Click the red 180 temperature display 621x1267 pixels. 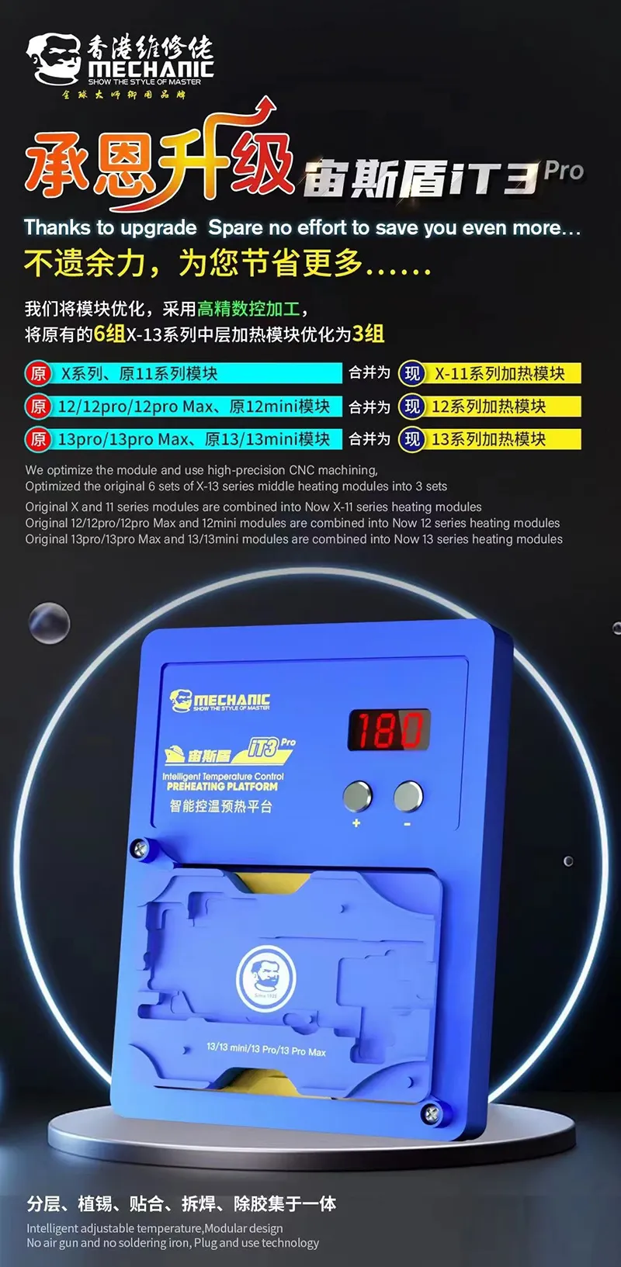pyautogui.click(x=388, y=730)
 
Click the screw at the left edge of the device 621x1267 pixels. pyautogui.click(x=140, y=849)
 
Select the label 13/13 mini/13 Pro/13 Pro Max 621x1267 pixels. pyautogui.click(x=266, y=1049)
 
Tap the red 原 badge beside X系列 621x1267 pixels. pyautogui.click(x=38, y=374)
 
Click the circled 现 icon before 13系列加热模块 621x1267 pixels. pyautogui.click(x=411, y=439)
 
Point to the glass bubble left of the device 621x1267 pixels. pyautogui.click(x=49, y=622)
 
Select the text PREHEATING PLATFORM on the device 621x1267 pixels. pyautogui.click(x=221, y=786)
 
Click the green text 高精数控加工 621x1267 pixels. pyautogui.click(x=248, y=309)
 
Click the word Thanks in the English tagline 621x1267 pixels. pyautogui.click(x=57, y=228)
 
